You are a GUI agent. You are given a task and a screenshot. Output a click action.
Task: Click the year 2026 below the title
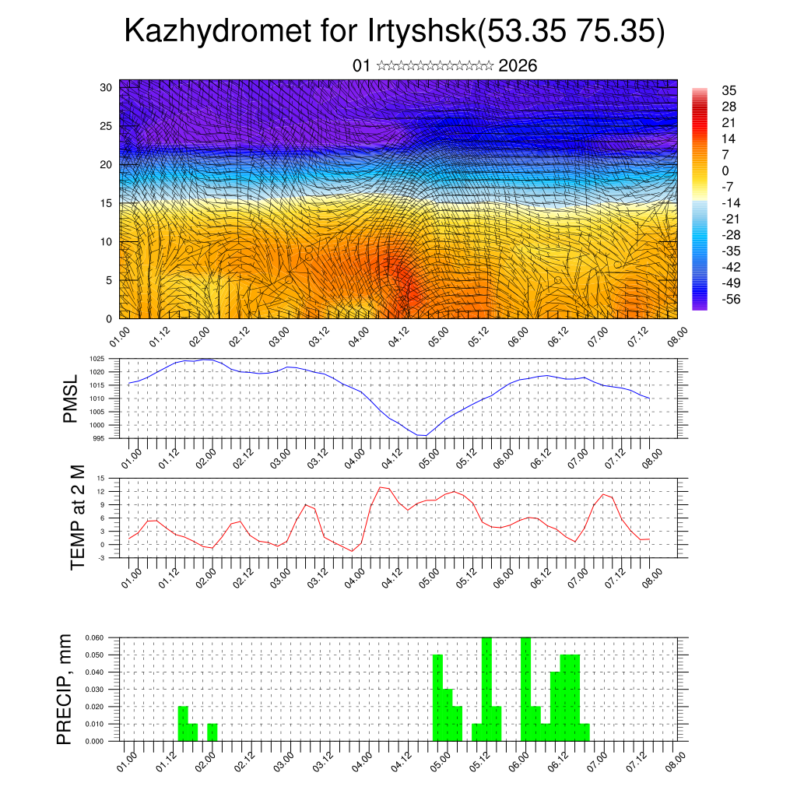[x=518, y=66]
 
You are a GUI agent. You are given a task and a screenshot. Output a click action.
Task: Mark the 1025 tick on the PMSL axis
[x=97, y=359]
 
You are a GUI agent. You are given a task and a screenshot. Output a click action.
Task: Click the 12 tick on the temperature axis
[x=101, y=491]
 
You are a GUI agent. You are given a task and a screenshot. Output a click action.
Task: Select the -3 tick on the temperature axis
[x=101, y=558]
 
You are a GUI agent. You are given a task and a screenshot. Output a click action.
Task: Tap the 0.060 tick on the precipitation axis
[x=93, y=637]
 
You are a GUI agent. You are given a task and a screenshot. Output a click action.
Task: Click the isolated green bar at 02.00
[x=212, y=732]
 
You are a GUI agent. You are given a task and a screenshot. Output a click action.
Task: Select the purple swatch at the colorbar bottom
[x=700, y=306]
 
